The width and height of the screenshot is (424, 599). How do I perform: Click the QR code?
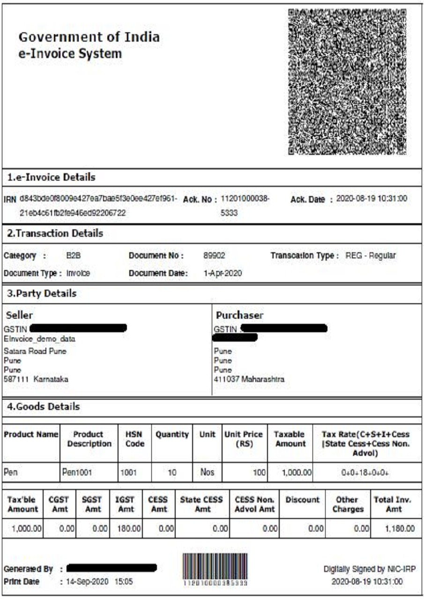pyautogui.click(x=347, y=82)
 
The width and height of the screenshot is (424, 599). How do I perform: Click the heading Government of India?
pyautogui.click(x=89, y=37)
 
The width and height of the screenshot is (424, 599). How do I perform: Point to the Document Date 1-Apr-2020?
pyautogui.click(x=223, y=273)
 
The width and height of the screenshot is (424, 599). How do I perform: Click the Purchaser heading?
pyautogui.click(x=239, y=316)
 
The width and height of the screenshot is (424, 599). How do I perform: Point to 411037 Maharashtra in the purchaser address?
pyautogui.click(x=249, y=379)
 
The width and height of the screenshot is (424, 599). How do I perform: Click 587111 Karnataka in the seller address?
pyautogui.click(x=36, y=380)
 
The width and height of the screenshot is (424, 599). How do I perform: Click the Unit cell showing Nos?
pyautogui.click(x=208, y=473)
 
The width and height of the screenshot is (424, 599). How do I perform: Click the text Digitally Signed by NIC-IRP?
pyautogui.click(x=370, y=569)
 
